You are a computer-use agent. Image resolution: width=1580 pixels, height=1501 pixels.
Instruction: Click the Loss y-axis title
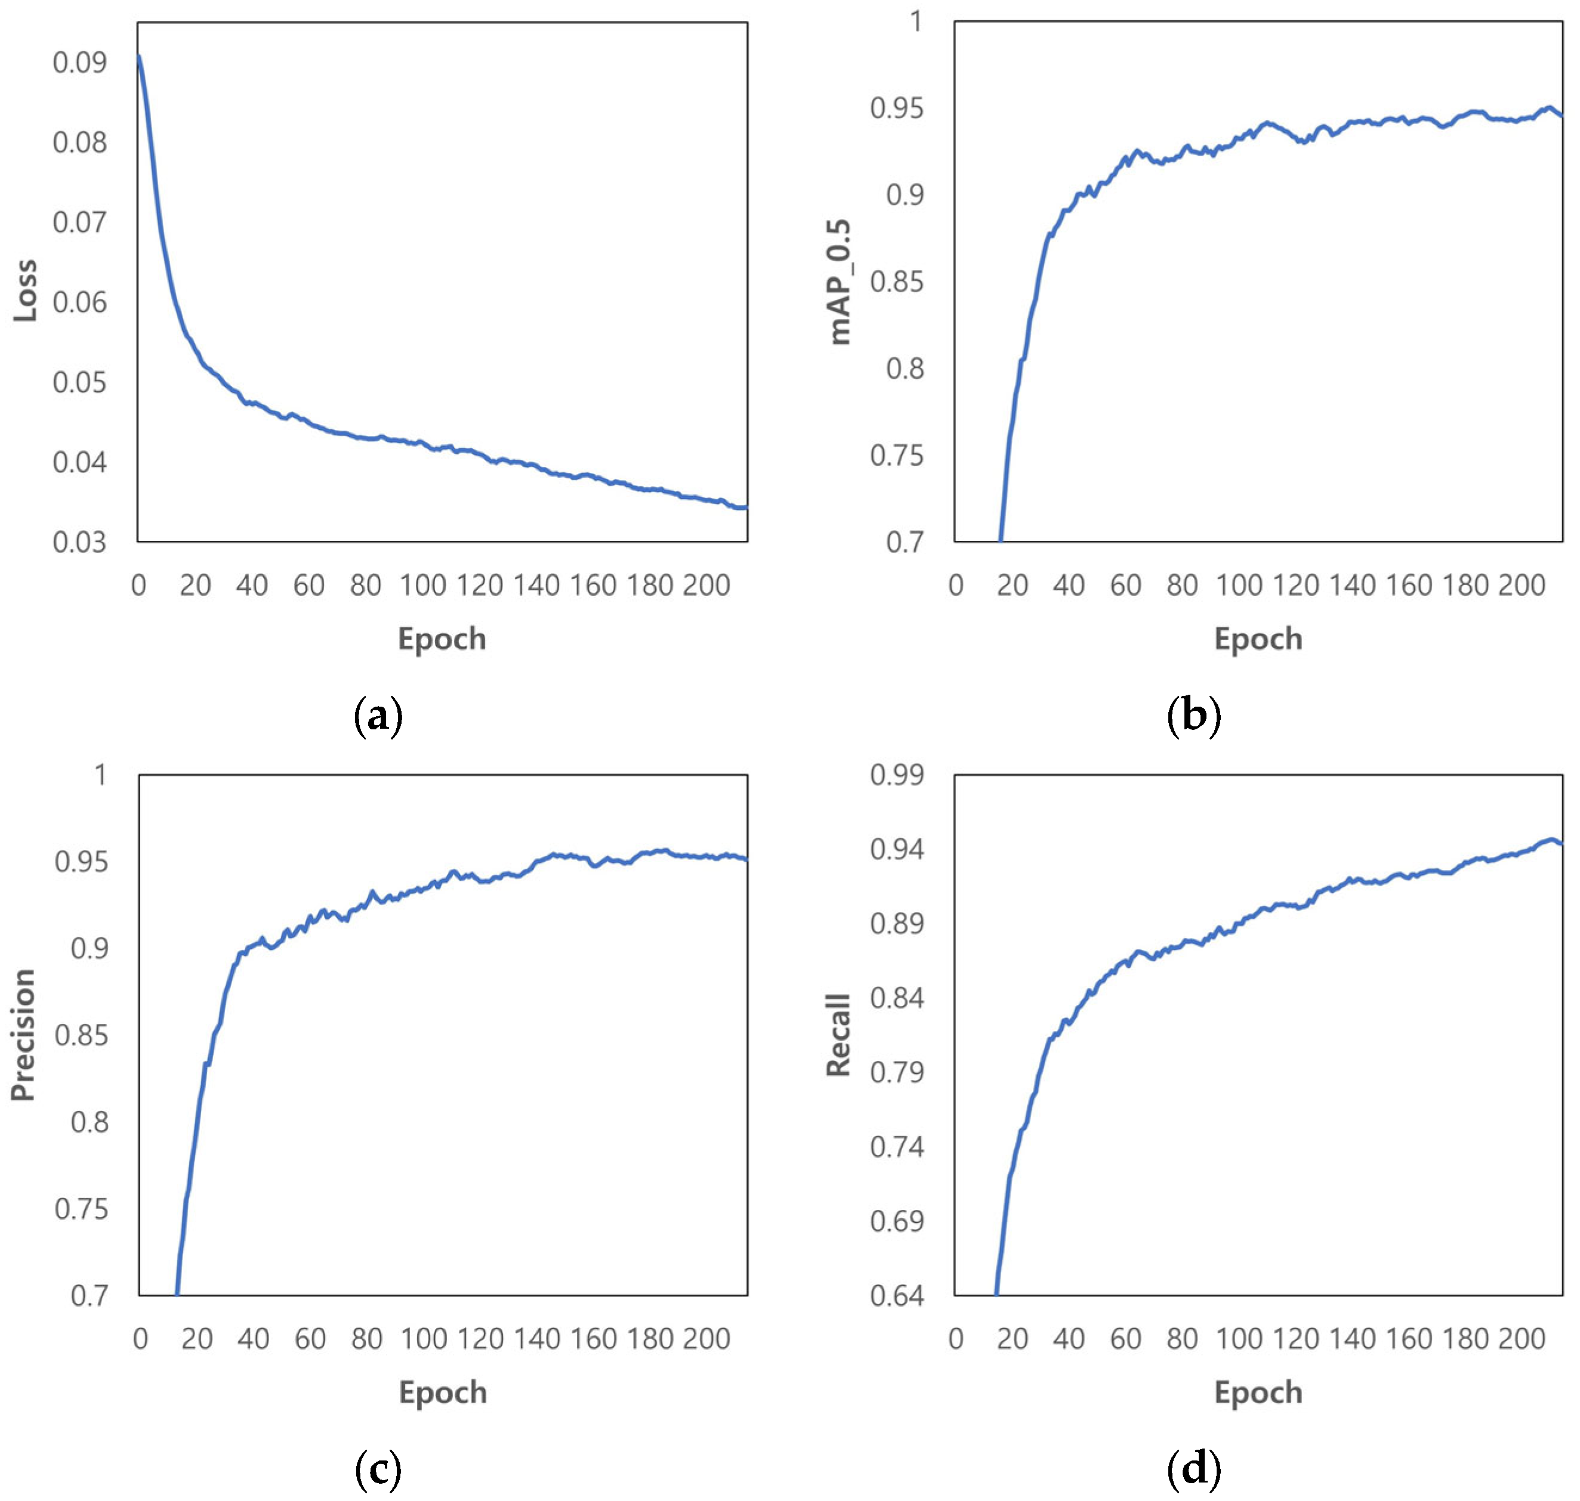point(26,290)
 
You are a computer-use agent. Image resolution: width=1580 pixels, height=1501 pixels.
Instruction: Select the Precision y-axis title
point(24,1035)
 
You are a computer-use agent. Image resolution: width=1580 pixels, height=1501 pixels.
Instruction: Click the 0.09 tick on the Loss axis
point(80,63)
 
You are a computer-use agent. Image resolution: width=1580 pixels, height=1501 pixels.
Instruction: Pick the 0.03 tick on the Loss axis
point(80,543)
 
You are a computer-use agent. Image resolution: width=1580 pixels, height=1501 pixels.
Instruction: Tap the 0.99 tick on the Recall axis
point(896,775)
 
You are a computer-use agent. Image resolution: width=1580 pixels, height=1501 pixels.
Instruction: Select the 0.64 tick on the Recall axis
point(896,1295)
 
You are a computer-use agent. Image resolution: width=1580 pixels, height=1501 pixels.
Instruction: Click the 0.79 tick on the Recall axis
point(896,1072)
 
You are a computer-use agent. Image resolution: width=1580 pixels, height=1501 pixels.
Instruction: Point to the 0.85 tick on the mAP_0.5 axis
point(896,281)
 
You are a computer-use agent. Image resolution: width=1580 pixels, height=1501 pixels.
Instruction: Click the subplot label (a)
point(378,716)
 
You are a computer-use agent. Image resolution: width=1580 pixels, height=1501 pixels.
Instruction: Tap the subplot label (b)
point(1194,716)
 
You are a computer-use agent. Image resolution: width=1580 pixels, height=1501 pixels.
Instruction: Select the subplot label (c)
point(378,1468)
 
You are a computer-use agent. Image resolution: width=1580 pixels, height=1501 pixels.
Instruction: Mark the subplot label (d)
point(1194,1468)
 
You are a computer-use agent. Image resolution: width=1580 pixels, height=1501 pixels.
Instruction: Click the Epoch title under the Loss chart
point(442,639)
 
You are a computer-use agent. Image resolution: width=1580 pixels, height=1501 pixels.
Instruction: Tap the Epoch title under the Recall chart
point(1258,1392)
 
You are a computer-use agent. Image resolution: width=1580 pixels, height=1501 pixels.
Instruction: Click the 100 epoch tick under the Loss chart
point(422,586)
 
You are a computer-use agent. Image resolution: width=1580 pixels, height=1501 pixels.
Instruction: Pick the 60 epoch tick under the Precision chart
point(310,1339)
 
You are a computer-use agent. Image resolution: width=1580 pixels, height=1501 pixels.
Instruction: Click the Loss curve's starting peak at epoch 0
point(139,56)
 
